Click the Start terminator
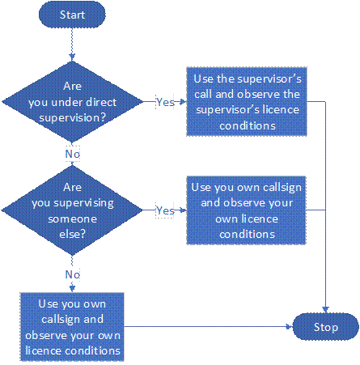point(72,15)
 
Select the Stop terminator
point(326,327)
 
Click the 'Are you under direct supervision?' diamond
point(72,102)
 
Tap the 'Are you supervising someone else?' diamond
point(72,210)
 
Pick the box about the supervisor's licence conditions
point(247,102)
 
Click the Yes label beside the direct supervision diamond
point(165,102)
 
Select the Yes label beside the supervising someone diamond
point(165,210)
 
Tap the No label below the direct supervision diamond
point(73,154)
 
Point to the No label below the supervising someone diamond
point(73,274)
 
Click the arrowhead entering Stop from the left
point(290,327)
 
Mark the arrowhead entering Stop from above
point(326,310)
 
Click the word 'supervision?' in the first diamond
point(72,118)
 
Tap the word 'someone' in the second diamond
point(72,219)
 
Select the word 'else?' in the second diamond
point(72,234)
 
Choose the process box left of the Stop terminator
point(72,327)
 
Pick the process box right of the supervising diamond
point(247,210)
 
